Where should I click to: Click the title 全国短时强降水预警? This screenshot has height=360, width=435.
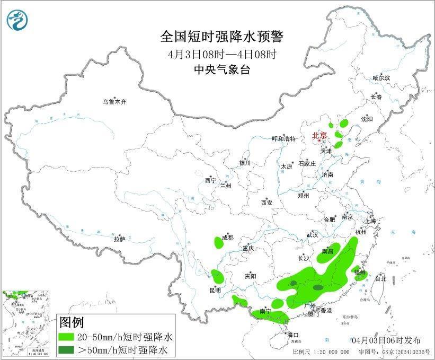[x=222, y=37]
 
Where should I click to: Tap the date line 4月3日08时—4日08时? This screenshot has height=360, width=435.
[x=222, y=54]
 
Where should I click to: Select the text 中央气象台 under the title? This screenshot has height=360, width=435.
[x=222, y=69]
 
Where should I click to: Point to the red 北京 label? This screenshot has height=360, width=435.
[x=320, y=135]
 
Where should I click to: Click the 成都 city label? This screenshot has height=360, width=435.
[x=228, y=237]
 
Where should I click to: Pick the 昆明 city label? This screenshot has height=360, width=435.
[x=215, y=291]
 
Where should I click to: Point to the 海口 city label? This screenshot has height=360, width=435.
[x=293, y=335]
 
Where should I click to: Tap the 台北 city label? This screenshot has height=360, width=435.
[x=380, y=278]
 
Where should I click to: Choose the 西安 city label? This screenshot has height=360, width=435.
[x=267, y=203]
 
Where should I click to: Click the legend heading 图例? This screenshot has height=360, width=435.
[x=71, y=322]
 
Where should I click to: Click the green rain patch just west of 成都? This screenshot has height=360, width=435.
[x=218, y=243]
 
